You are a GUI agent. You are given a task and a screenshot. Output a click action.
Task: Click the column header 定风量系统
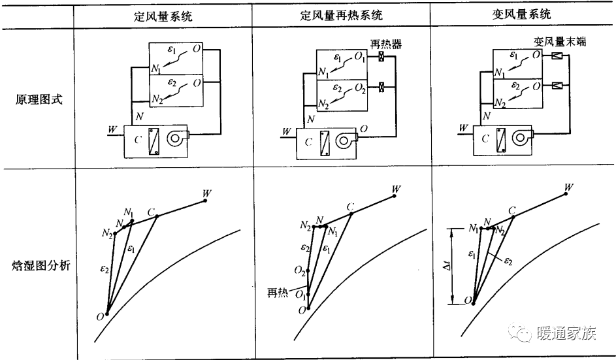click(x=163, y=14)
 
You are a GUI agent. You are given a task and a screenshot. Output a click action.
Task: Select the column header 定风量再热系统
click(x=341, y=14)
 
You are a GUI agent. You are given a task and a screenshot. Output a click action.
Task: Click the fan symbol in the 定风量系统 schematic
click(x=176, y=139)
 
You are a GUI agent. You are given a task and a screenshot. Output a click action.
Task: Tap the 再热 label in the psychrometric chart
click(x=278, y=291)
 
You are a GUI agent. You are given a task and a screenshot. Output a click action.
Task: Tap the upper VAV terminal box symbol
click(x=557, y=57)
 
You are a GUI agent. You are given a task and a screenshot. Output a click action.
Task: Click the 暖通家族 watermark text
click(x=566, y=335)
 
